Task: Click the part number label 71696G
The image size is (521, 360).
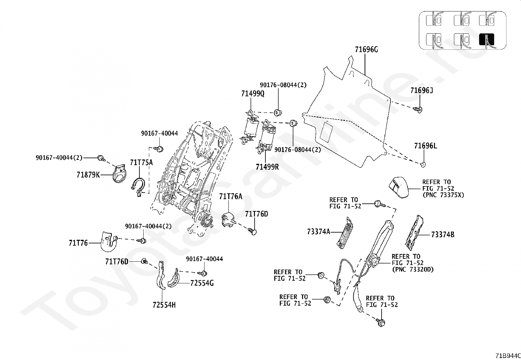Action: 366,49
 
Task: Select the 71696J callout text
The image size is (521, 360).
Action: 422,90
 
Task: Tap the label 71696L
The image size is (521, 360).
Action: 425,146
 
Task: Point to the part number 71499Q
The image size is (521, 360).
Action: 253,94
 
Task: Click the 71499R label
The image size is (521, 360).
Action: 267,167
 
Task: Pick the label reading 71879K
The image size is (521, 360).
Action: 88,175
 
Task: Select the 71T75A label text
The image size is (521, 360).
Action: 141,162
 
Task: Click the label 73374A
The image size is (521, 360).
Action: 319,232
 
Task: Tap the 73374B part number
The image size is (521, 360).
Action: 442,235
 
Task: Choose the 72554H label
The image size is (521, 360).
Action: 164,305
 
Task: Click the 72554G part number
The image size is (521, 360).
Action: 202,283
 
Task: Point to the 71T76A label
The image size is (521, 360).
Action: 231,197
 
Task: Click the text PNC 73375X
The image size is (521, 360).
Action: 443,195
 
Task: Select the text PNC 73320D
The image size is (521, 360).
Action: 413,269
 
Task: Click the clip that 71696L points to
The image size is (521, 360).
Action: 423,165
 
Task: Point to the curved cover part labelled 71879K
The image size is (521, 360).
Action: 119,174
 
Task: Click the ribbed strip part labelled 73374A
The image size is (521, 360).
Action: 345,233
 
